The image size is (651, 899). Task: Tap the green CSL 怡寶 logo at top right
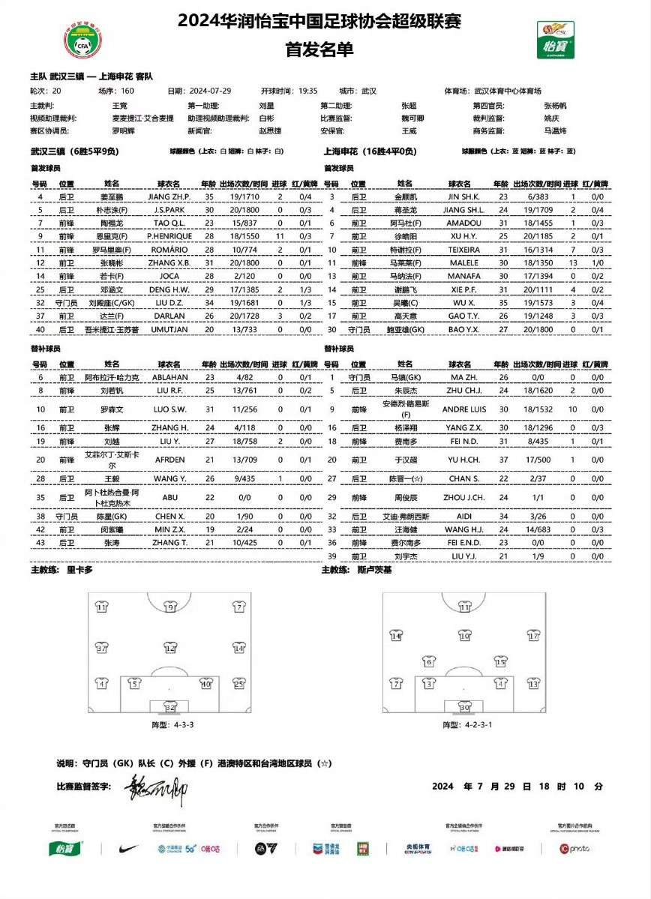555,39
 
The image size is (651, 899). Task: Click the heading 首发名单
319,49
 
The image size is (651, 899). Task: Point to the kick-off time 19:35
308,91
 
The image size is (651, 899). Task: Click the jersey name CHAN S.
463,478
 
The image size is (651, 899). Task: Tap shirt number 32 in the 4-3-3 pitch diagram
171,707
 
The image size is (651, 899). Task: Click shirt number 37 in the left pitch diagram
103,647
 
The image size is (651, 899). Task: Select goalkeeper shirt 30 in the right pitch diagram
464,707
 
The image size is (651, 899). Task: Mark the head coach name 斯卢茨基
375,570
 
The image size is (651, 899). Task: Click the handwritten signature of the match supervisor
154,788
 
